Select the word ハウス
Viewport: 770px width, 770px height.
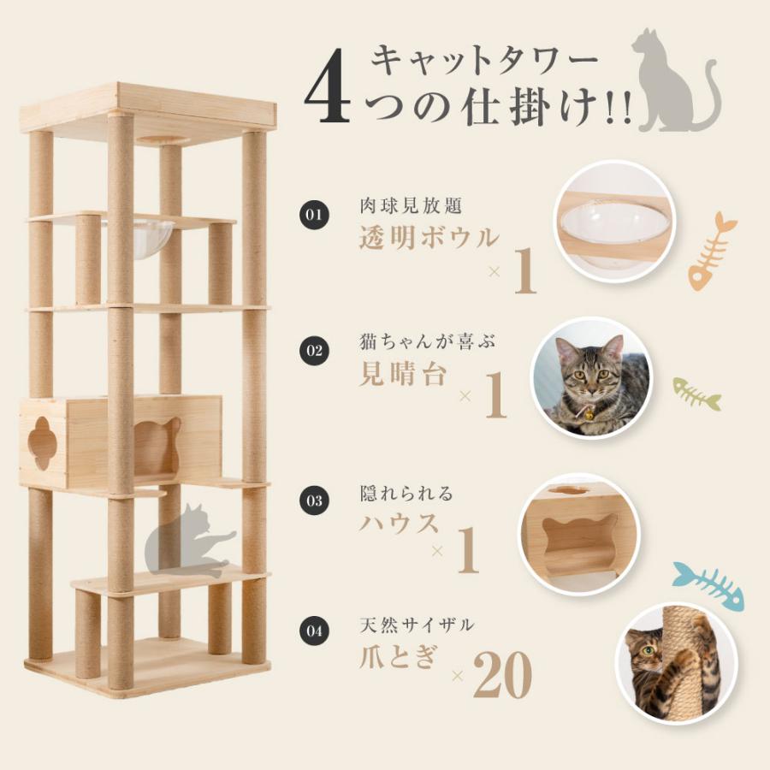click(391, 522)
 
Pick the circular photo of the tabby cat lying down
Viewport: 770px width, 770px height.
click(591, 376)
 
